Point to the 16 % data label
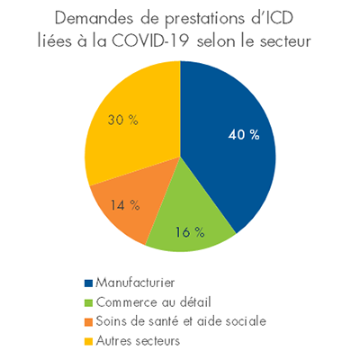click(x=182, y=231)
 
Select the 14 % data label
click(x=125, y=204)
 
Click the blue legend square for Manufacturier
click(x=87, y=285)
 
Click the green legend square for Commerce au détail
click(x=87, y=301)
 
